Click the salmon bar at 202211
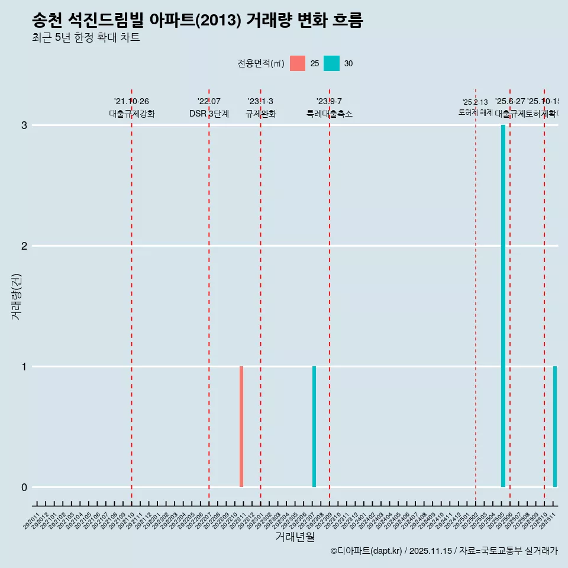tap(241, 427)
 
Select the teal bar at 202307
tap(314, 427)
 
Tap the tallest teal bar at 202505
tap(503, 306)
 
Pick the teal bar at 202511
tap(555, 427)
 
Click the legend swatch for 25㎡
tap(298, 63)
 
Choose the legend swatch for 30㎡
tap(331, 63)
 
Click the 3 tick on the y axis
tap(24, 125)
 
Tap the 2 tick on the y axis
tap(24, 246)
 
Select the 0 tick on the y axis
tap(24, 488)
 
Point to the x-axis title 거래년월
tap(295, 537)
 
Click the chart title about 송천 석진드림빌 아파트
tap(197, 21)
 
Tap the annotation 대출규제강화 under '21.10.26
tap(131, 114)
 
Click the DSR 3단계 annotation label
tap(209, 114)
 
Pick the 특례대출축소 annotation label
tap(329, 114)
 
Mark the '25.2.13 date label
tap(475, 102)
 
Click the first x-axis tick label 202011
tap(32, 521)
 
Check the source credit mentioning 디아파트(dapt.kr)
tap(444, 551)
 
